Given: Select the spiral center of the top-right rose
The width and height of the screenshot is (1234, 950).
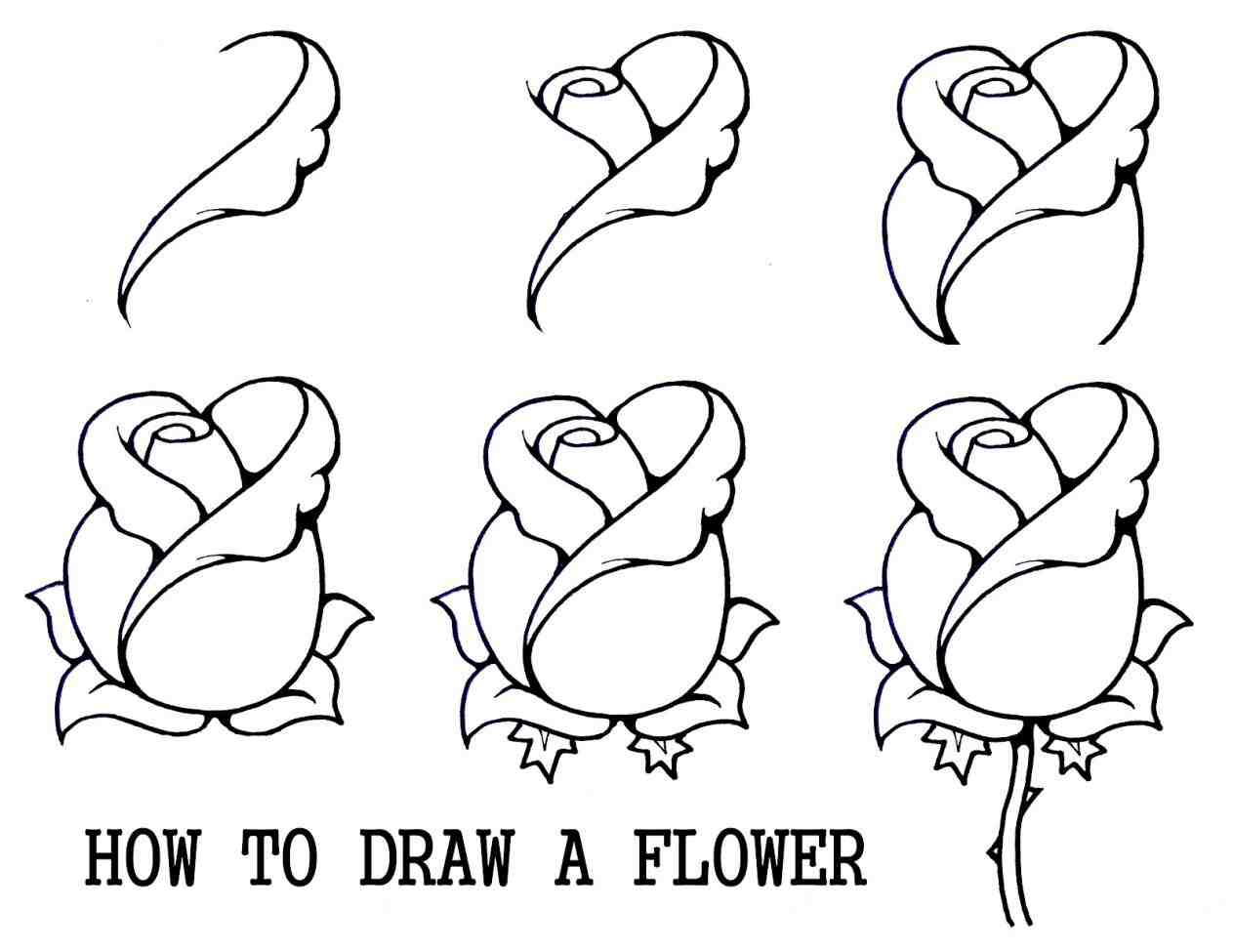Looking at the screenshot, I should (x=995, y=88).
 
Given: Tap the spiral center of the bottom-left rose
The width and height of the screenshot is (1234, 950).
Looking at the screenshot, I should (x=179, y=433).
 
